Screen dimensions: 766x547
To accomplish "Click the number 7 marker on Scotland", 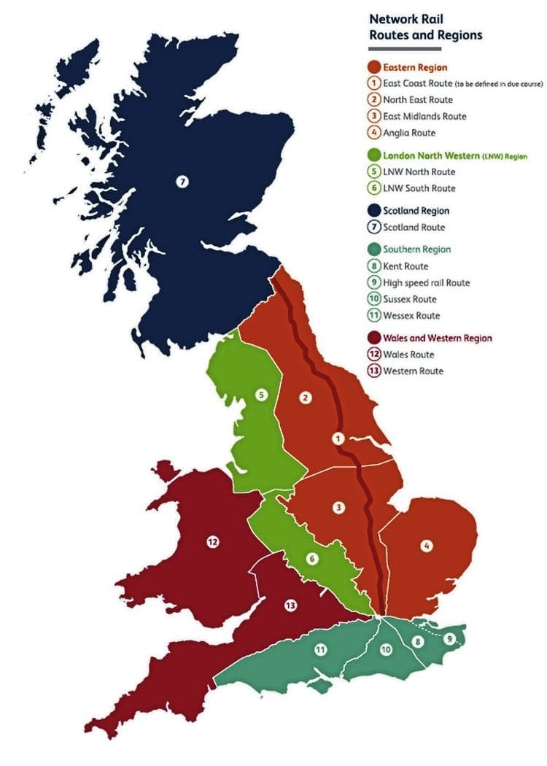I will coord(182,181).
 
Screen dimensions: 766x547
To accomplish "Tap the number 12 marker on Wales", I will coord(212,541).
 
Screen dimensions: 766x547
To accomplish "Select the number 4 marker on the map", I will coord(426,544).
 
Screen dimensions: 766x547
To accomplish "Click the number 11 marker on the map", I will coord(320,650).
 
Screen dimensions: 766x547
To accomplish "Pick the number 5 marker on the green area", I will coord(260,395).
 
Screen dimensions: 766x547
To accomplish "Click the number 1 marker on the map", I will coord(337,438).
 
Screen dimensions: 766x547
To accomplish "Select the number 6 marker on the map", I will coord(312,559).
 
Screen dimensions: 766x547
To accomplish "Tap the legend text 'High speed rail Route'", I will coord(427,282).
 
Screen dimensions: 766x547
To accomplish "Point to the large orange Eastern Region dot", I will coord(375,67).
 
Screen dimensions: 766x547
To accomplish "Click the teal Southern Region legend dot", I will coord(375,249).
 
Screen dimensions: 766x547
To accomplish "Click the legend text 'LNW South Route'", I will coord(419,188).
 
